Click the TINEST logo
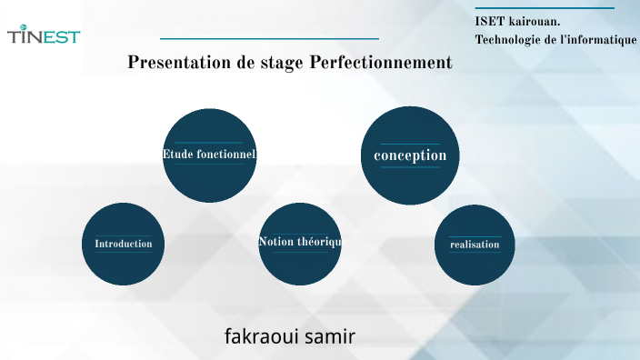tap(44, 36)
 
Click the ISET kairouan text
tap(517, 21)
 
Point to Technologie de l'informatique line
tap(555, 40)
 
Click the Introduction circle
tap(124, 244)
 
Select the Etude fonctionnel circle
tap(209, 155)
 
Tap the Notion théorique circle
tap(299, 243)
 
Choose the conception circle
tap(410, 155)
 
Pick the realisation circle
tap(475, 244)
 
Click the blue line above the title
tap(269, 39)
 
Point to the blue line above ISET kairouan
tap(545, 8)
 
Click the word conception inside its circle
tap(410, 155)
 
